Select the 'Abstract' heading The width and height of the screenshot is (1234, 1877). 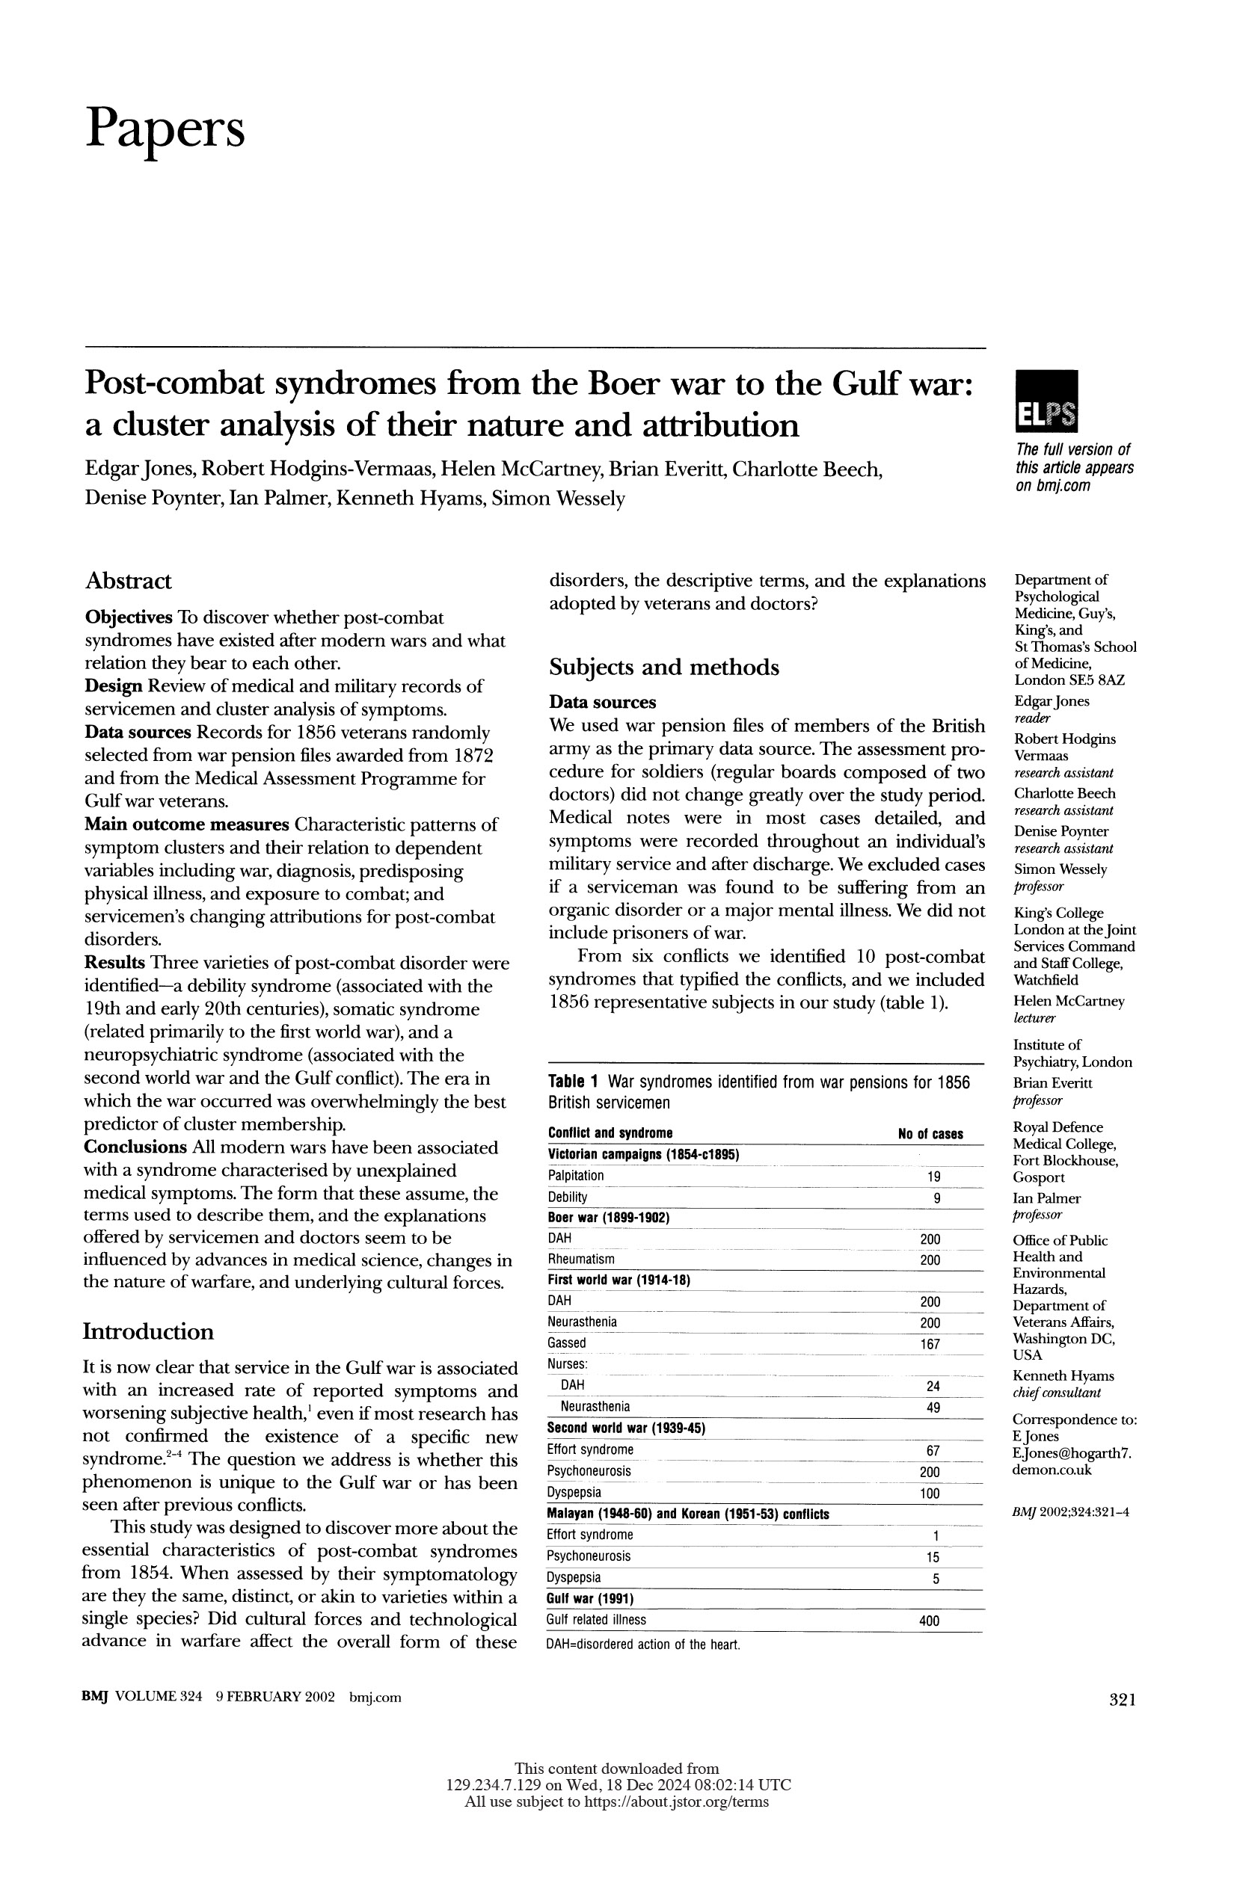click(128, 582)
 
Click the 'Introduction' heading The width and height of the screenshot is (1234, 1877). click(148, 1331)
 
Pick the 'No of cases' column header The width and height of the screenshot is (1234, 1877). click(930, 1134)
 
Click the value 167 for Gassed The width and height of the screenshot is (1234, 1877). click(930, 1344)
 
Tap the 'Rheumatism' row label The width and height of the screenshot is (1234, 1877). click(580, 1260)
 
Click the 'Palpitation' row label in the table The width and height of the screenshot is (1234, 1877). click(576, 1176)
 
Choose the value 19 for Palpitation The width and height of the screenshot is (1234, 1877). click(933, 1177)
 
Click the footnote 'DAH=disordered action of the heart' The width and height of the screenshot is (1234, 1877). click(643, 1645)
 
